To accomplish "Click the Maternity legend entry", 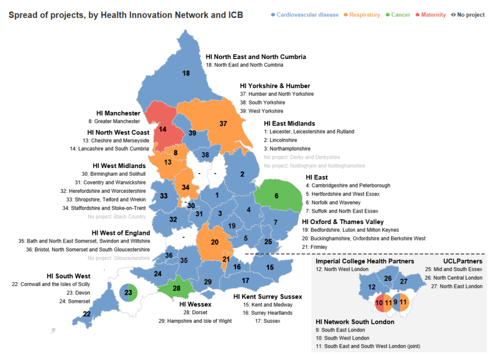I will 431,15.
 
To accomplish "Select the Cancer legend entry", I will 398,15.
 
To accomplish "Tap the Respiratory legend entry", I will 362,15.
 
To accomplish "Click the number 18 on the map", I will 186,73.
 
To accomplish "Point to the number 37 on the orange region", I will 223,124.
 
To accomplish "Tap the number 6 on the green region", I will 277,196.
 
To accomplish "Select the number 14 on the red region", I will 162,130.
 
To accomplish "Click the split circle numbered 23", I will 128,292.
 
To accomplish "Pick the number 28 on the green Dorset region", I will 176,288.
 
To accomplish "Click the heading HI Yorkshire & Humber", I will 275,86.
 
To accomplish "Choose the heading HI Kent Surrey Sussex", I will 267,296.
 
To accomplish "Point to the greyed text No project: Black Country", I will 116,216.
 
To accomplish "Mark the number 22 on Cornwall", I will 87,314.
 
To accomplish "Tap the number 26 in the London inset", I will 388,278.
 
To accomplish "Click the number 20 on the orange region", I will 215,242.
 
